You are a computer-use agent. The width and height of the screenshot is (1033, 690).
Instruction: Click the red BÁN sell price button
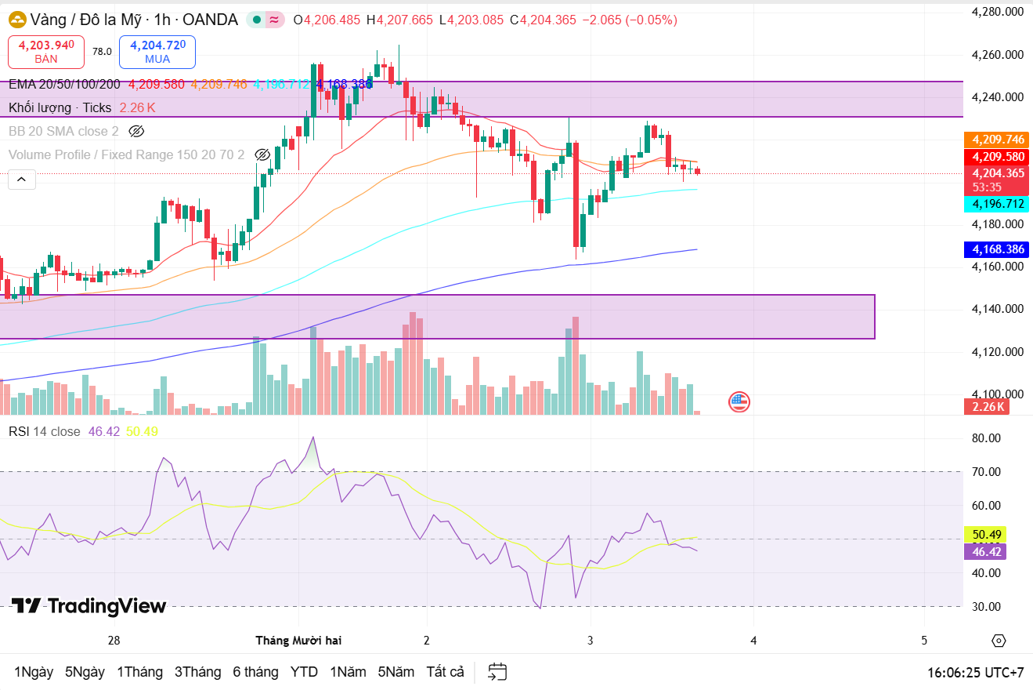tap(46, 51)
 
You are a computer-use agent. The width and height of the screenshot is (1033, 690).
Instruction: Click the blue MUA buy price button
tap(157, 51)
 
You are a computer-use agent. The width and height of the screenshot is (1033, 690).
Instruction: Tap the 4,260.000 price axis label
tap(997, 55)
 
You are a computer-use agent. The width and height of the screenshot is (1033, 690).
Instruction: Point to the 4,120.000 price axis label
tap(997, 351)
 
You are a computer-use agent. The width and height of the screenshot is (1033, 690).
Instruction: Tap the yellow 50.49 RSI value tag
tap(986, 535)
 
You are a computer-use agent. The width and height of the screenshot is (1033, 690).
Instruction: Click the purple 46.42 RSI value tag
tap(986, 551)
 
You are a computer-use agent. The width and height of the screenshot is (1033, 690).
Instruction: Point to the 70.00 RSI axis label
tap(986, 471)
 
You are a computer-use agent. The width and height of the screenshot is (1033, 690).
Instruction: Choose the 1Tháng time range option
tap(139, 672)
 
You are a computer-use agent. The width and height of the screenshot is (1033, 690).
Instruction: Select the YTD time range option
tap(304, 672)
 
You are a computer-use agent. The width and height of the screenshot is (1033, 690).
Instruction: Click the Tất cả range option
tap(445, 672)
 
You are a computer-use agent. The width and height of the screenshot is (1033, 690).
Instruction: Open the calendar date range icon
tap(497, 672)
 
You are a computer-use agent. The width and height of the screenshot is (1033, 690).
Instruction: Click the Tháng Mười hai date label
tap(298, 641)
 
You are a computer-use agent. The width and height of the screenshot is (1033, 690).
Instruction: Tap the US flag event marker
tap(739, 402)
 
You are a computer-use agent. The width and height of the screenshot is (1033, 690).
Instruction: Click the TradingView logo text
tap(88, 606)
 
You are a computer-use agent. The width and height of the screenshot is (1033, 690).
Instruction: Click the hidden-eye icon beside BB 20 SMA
tap(137, 131)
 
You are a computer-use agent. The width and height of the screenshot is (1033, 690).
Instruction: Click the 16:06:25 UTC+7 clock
tap(975, 673)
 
